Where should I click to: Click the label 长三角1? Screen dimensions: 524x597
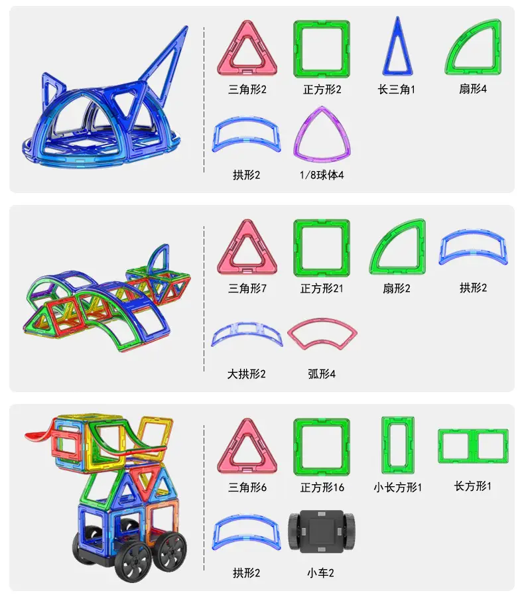click(x=397, y=90)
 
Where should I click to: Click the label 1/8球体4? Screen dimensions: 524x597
click(x=322, y=174)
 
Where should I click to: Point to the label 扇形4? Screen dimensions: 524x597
click(x=472, y=89)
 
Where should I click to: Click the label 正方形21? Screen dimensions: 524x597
click(x=322, y=289)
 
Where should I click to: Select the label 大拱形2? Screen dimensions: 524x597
click(x=246, y=374)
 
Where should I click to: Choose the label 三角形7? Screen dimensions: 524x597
click(x=247, y=289)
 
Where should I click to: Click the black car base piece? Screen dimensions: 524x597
click(x=322, y=531)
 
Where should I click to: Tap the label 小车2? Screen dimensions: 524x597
click(x=320, y=572)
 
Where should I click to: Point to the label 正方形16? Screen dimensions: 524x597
click(x=322, y=488)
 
